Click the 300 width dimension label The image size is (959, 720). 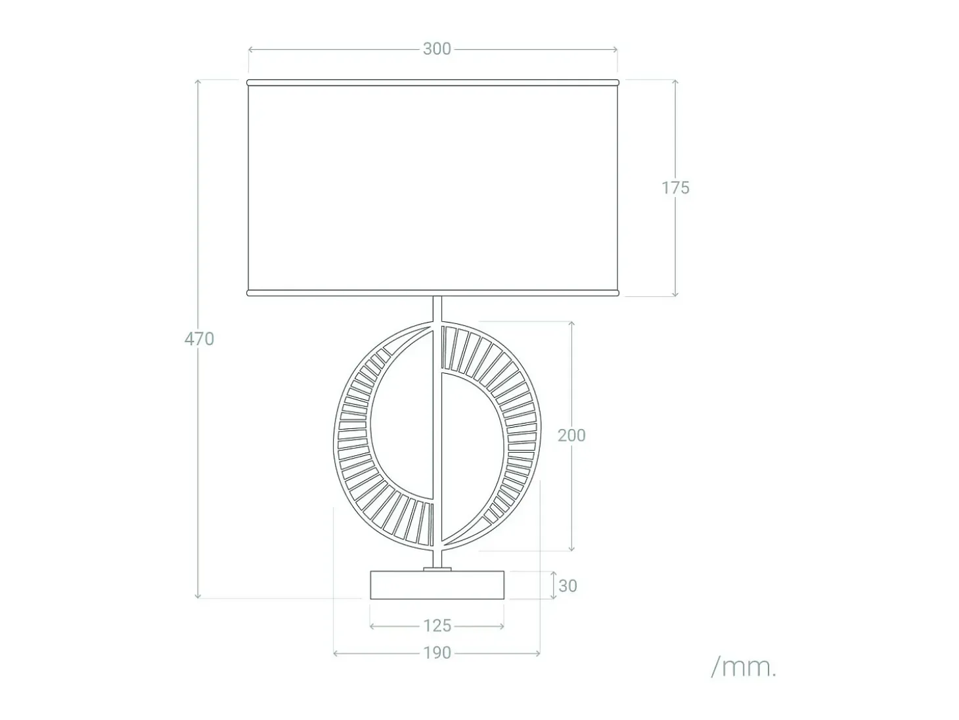436,49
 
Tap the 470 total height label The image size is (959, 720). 199,339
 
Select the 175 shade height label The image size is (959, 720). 675,188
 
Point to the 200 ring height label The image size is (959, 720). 571,435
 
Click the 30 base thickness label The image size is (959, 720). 568,586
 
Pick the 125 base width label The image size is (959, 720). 437,626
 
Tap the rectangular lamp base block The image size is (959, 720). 437,585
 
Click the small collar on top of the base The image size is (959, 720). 437,569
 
